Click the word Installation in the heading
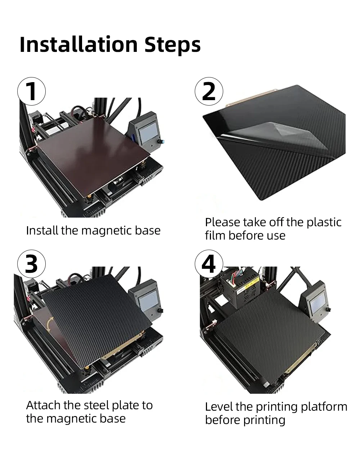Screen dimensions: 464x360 coord(78,45)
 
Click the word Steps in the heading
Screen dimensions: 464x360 coord(172,45)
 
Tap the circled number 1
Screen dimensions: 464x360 coord(32,91)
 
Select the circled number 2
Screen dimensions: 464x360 coord(209,91)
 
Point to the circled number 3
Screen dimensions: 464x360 coord(32,264)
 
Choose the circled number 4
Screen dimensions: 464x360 coord(209,264)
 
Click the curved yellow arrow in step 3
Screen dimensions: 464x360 coord(50,324)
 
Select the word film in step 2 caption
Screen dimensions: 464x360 coord(215,236)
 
